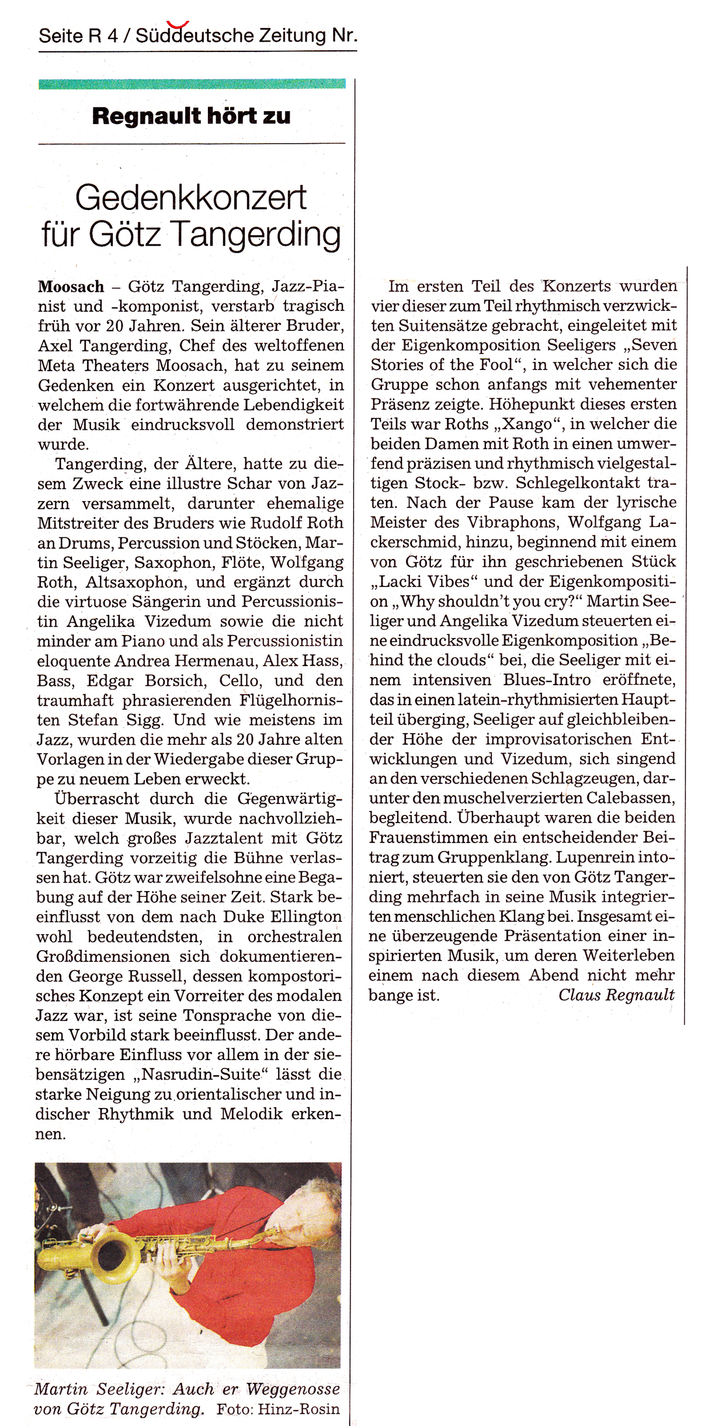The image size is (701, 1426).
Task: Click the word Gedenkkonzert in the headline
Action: point(191,198)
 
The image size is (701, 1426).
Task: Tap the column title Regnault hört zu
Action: point(191,116)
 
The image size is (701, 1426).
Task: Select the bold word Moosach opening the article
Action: point(71,286)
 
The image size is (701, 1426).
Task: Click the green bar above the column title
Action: point(192,84)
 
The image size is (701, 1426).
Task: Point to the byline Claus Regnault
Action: point(616,995)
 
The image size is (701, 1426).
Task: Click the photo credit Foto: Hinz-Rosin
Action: point(278,1409)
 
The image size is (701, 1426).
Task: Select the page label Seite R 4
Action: point(78,36)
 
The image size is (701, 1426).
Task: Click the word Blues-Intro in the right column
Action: point(547,680)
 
